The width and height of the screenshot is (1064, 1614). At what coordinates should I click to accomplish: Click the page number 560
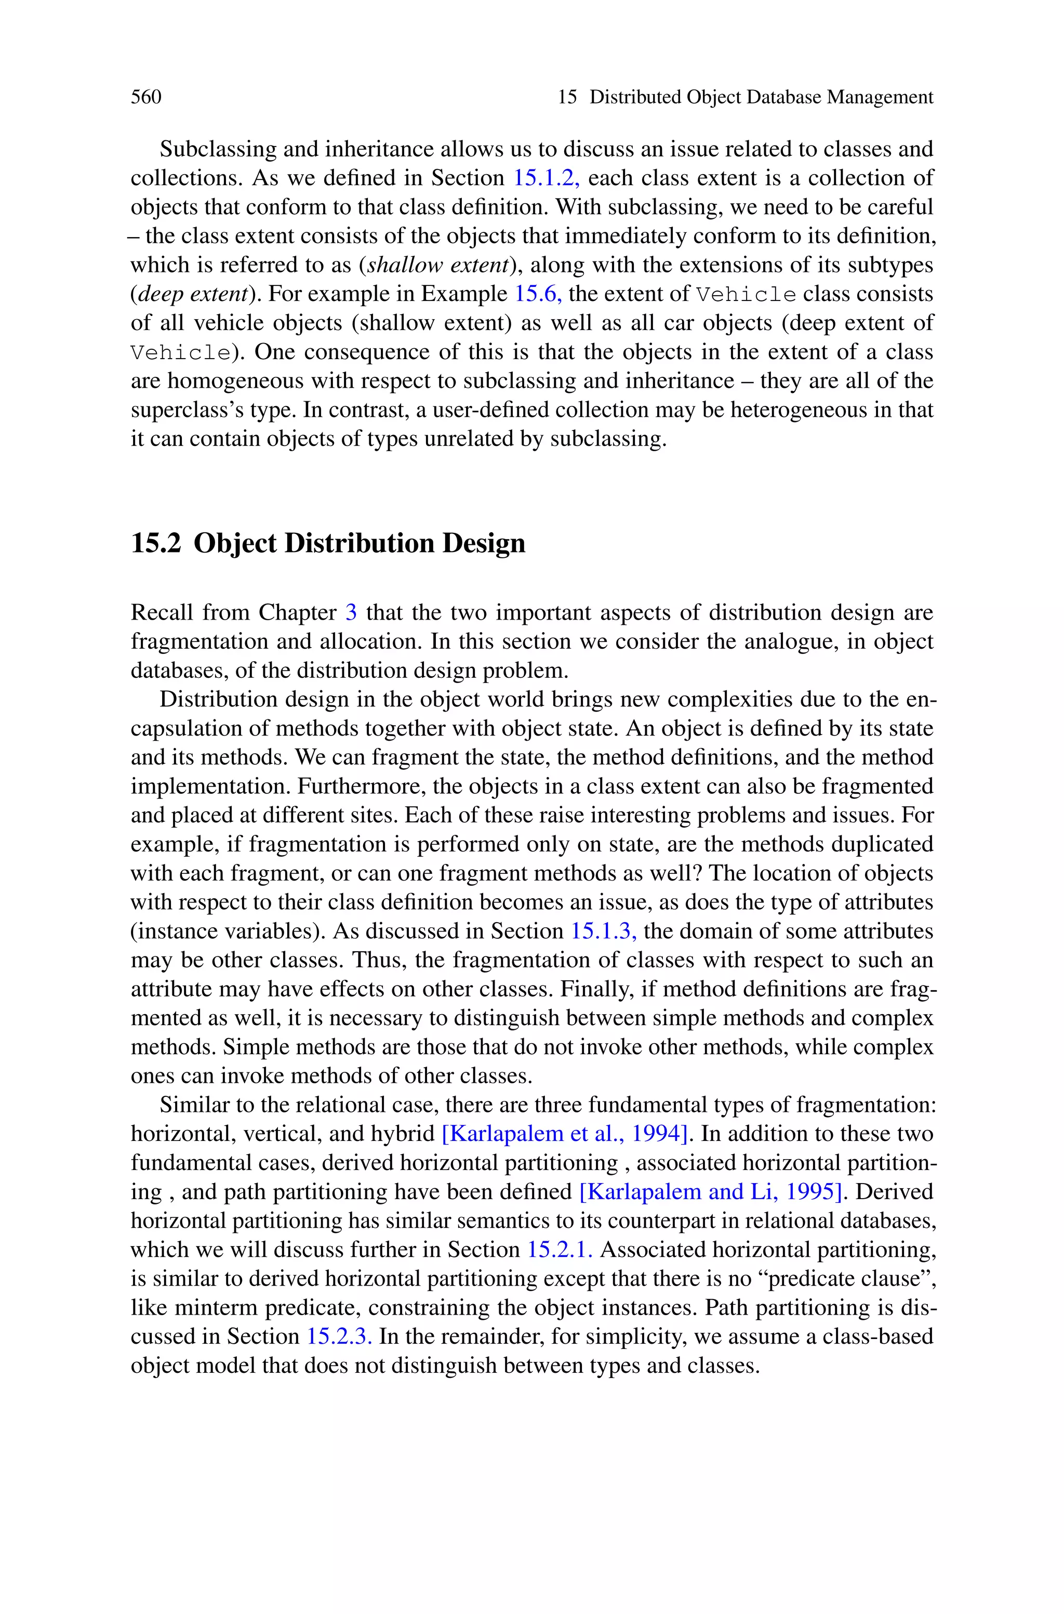point(146,97)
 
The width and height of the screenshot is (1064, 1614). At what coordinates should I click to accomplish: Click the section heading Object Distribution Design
point(360,543)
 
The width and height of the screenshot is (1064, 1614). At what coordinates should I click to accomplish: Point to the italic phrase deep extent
point(192,294)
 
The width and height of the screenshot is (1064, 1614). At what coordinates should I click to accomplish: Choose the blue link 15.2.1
point(560,1250)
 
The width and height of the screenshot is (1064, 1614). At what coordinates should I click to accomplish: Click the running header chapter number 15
point(567,97)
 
